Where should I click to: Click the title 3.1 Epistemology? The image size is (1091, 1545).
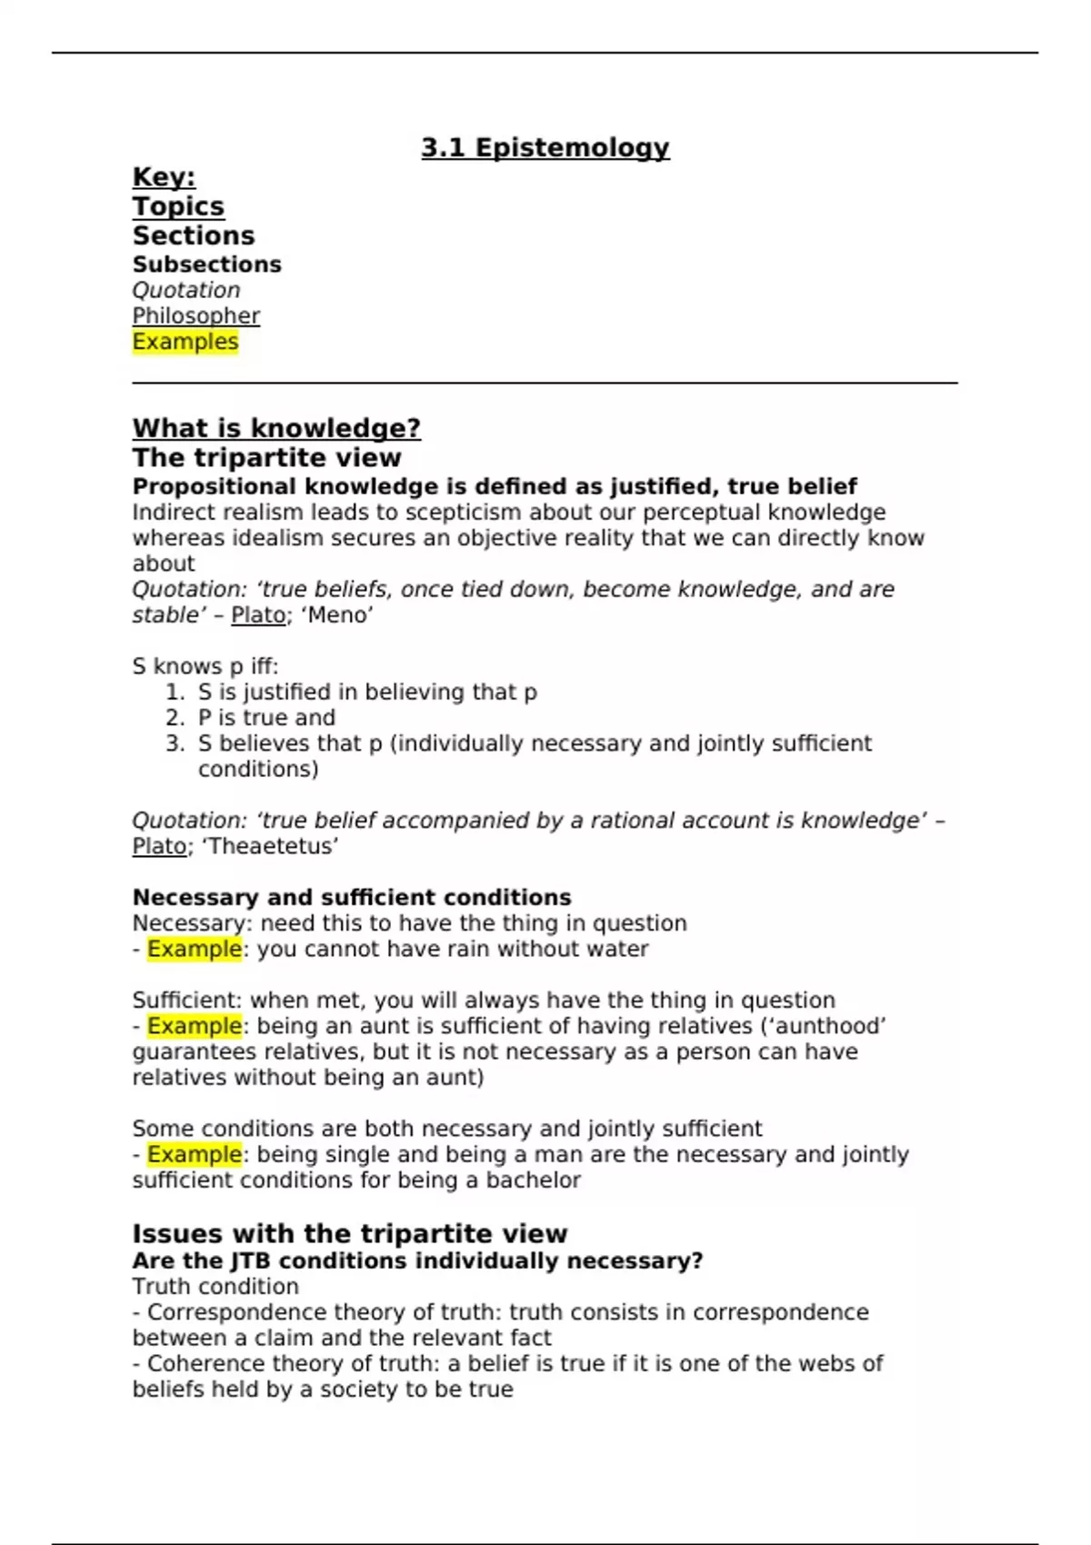pyautogui.click(x=545, y=148)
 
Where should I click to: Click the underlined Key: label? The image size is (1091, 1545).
pyautogui.click(x=164, y=177)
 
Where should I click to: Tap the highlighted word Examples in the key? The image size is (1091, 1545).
pyautogui.click(x=185, y=342)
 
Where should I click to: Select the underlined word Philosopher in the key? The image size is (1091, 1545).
pyautogui.click(x=195, y=316)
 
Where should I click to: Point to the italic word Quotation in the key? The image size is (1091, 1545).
pyautogui.click(x=186, y=291)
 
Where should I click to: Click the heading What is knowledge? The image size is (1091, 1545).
pyautogui.click(x=276, y=428)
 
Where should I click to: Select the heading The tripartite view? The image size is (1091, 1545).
pyautogui.click(x=266, y=457)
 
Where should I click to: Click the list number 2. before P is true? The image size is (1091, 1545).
pyautogui.click(x=175, y=718)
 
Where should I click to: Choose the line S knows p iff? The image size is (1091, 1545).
pyautogui.click(x=205, y=666)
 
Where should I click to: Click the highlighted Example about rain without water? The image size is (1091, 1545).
pyautogui.click(x=195, y=949)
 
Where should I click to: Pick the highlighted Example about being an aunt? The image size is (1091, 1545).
pyautogui.click(x=195, y=1026)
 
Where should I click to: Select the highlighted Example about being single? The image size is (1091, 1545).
pyautogui.click(x=195, y=1154)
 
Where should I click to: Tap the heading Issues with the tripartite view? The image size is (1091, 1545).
pyautogui.click(x=349, y=1233)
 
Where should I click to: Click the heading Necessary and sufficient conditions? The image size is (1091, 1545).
pyautogui.click(x=352, y=898)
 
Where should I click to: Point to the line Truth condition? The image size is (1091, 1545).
pyautogui.click(x=215, y=1287)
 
